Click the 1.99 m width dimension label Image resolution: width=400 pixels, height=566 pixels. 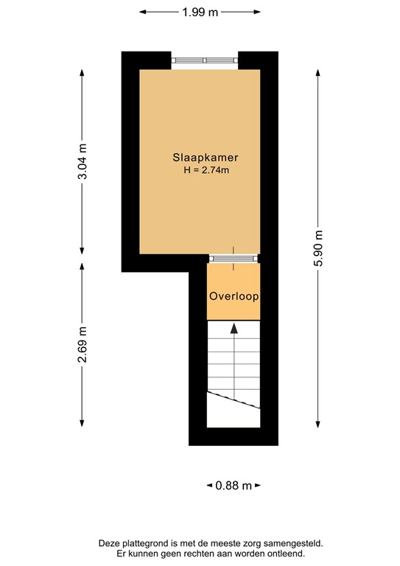[x=200, y=11]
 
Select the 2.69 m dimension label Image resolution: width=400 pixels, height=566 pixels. [x=82, y=345]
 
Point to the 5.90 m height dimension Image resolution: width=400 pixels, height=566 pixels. [x=317, y=248]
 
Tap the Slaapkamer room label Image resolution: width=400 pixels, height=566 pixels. [x=200, y=158]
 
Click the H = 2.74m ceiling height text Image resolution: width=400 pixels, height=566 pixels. [x=200, y=171]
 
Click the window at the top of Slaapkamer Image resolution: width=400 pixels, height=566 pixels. [x=205, y=60]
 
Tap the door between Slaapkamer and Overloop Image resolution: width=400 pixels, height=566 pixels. [x=234, y=258]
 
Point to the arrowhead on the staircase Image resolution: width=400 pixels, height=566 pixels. [x=234, y=329]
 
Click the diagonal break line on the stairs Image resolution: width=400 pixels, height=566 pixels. [x=234, y=399]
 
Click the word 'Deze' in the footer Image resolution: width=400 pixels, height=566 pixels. [x=109, y=543]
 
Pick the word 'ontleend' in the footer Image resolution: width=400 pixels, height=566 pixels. [x=286, y=553]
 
